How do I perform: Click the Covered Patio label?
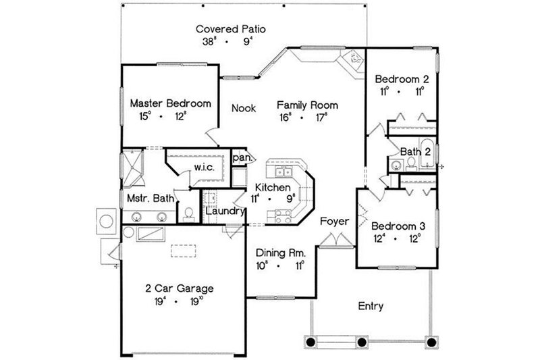click(x=230, y=29)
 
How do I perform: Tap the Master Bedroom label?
click(x=170, y=104)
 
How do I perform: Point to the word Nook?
click(x=243, y=107)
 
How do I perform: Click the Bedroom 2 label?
click(x=402, y=79)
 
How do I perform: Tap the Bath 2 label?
click(x=415, y=151)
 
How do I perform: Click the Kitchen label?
click(x=273, y=187)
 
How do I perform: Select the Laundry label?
click(x=224, y=211)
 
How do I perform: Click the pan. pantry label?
click(x=242, y=158)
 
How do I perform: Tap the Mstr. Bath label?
click(x=151, y=199)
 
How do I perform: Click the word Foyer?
click(x=333, y=221)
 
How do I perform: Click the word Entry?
click(x=371, y=306)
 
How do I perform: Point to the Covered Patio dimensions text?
click(x=227, y=42)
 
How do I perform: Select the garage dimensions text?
click(x=175, y=301)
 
